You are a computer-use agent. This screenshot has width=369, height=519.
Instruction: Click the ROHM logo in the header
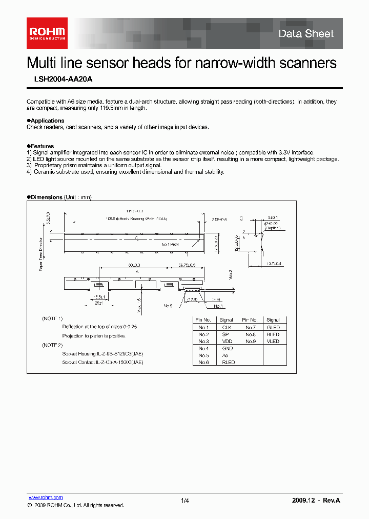click(x=47, y=33)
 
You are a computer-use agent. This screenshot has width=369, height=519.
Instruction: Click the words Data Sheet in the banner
click(x=306, y=34)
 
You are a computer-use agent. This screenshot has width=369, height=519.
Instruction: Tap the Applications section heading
click(x=46, y=121)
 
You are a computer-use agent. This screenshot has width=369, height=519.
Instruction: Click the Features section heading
click(x=41, y=146)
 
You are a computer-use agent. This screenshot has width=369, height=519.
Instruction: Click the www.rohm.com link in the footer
click(x=45, y=497)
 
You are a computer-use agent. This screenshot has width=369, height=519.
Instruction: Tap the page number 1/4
click(x=185, y=501)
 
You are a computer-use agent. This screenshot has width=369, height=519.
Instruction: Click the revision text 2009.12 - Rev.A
click(x=316, y=500)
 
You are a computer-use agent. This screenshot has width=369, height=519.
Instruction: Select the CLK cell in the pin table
click(x=227, y=327)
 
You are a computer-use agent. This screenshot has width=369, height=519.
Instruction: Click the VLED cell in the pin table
click(x=273, y=341)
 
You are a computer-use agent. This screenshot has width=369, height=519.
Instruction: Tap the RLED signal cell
click(x=228, y=362)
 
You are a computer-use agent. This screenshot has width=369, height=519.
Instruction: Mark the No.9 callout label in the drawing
click(x=167, y=305)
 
